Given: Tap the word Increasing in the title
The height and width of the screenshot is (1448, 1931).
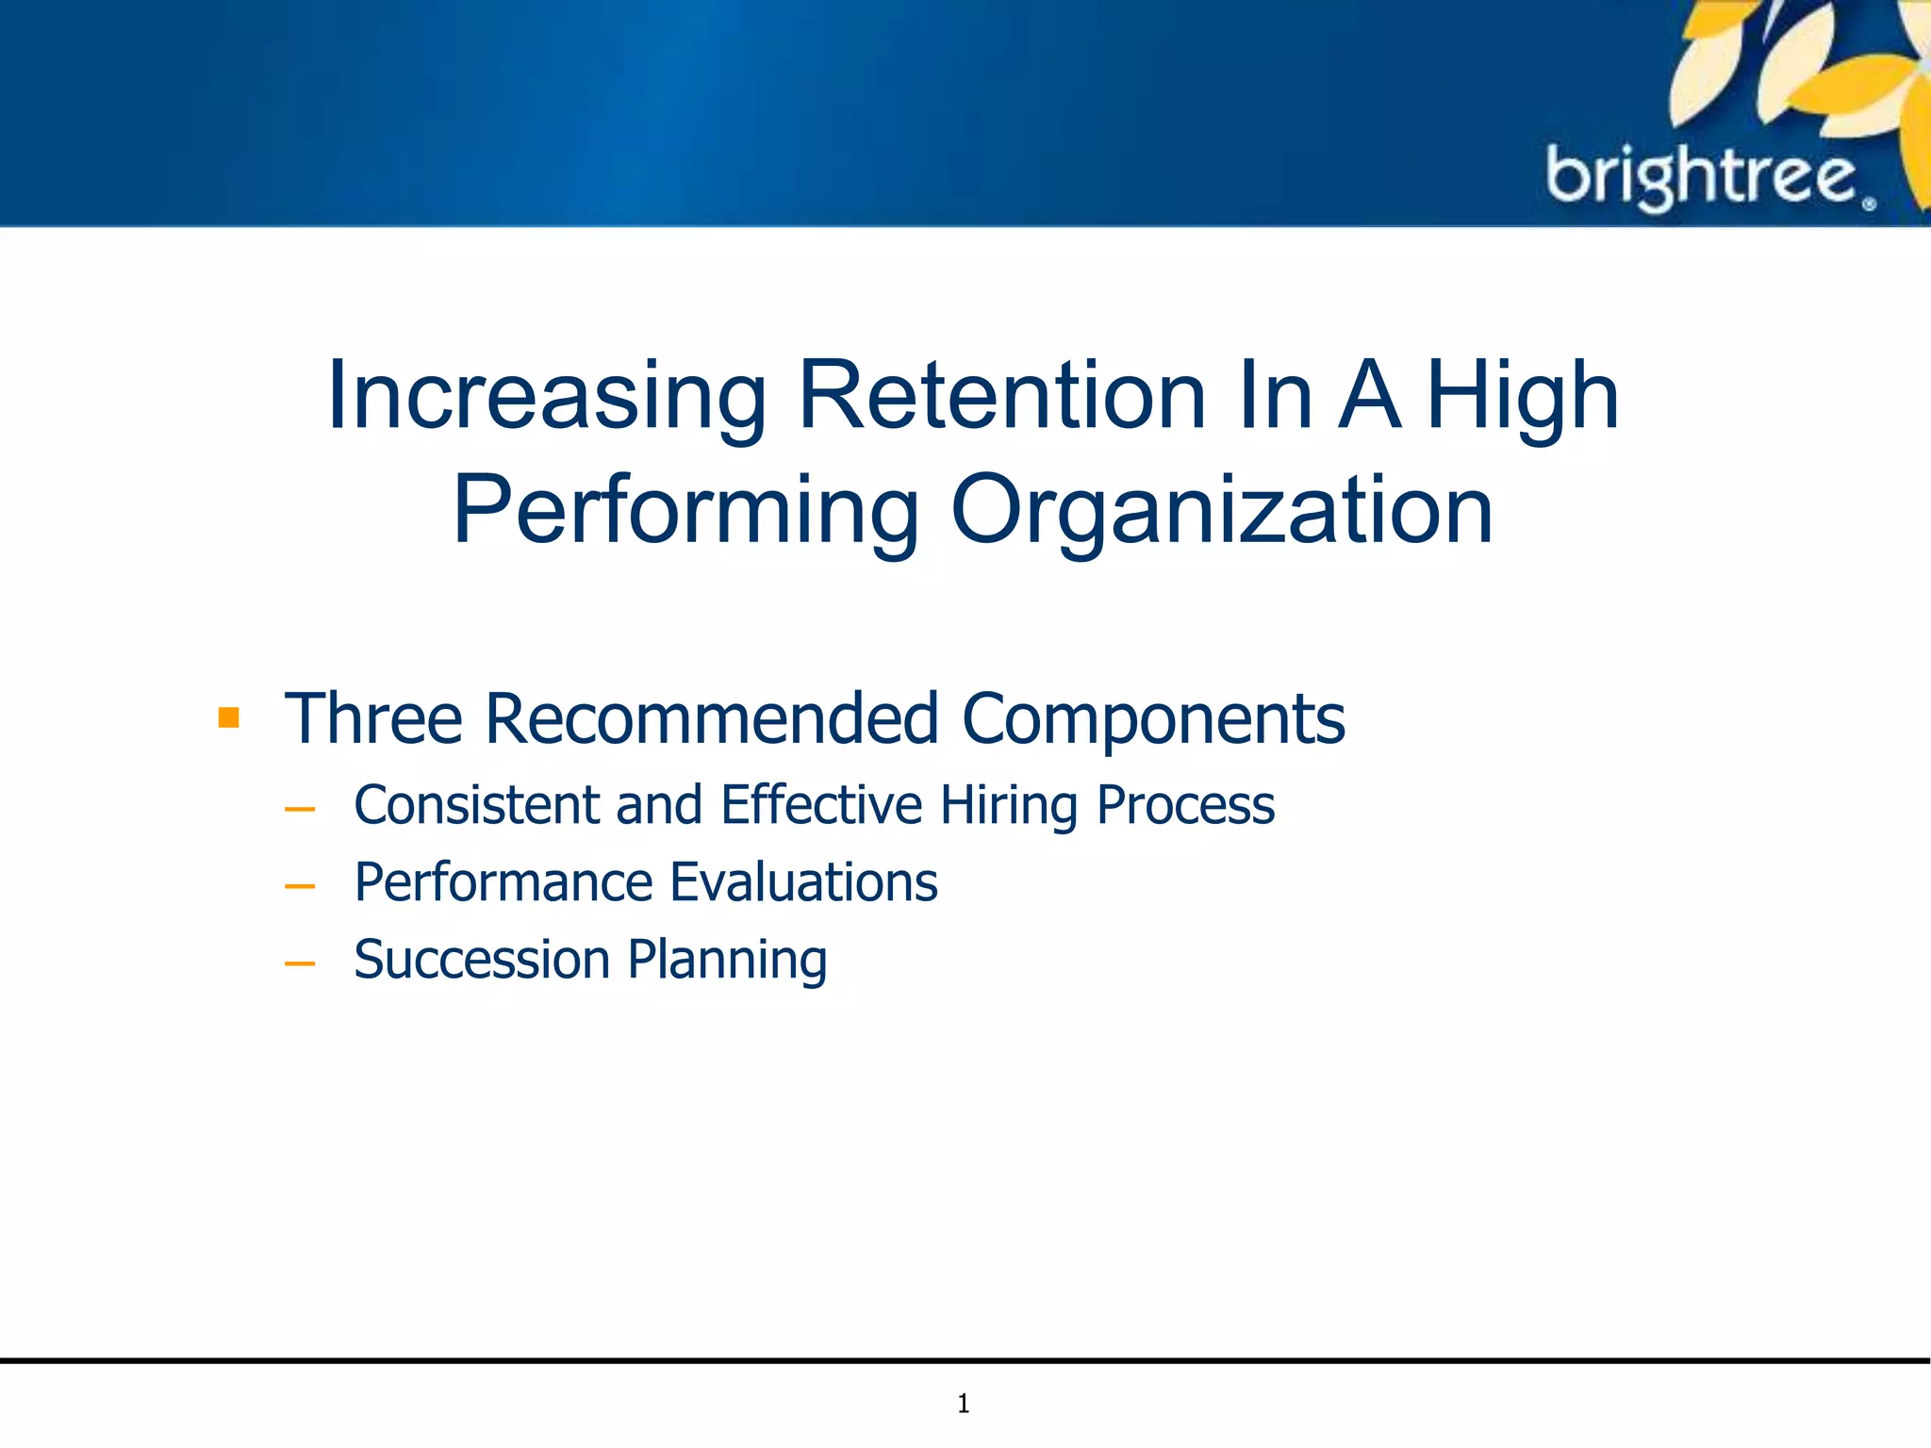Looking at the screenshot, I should point(546,397).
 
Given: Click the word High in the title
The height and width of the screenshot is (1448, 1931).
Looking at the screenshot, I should point(1522,397).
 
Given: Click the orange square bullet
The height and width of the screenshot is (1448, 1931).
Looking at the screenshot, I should point(228,718).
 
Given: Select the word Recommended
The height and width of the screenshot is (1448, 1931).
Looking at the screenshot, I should point(712,719).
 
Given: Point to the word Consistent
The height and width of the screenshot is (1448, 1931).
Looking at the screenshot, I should point(476,805).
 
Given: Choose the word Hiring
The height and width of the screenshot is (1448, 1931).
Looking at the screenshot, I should point(1009,807).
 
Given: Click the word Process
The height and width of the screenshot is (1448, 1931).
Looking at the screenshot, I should point(1185,805).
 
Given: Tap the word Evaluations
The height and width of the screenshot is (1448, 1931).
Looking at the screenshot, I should point(803,882).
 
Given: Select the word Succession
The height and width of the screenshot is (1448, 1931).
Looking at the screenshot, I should point(482,960).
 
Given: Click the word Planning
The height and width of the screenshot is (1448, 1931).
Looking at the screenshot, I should point(727,962).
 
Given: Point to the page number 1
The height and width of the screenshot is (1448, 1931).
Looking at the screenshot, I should point(964,1404).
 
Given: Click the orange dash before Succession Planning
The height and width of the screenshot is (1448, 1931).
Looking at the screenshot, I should point(299,963).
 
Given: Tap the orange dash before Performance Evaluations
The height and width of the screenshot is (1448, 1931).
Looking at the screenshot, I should point(299,886).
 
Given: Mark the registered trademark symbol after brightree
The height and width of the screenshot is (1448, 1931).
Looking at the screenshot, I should point(1869,203).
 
